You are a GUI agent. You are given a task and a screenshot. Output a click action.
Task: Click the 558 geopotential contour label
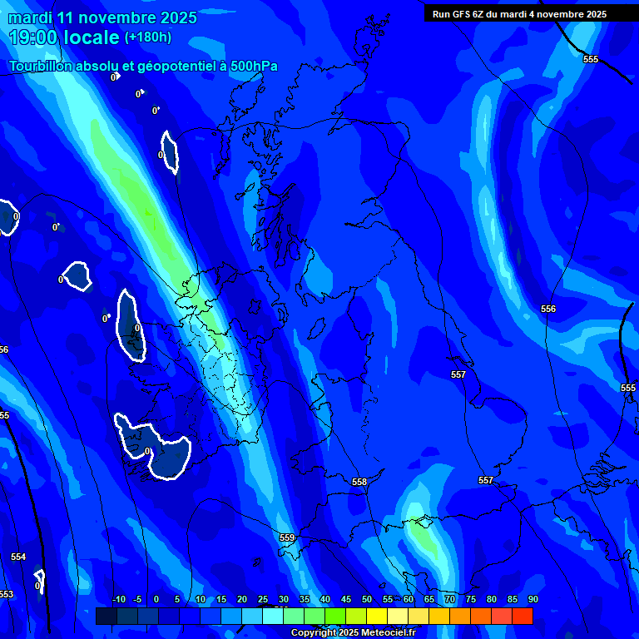[359, 483]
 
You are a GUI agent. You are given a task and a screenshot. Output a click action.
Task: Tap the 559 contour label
[286, 538]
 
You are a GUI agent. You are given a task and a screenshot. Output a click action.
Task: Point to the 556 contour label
[547, 310]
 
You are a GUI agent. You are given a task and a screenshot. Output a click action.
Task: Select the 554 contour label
[18, 557]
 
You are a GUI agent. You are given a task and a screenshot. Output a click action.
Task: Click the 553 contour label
[6, 594]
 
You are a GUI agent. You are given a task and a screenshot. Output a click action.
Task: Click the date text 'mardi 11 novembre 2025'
[102, 17]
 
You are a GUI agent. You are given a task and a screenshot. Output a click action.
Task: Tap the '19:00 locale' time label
[64, 37]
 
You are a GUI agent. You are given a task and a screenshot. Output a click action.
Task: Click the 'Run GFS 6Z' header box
[519, 14]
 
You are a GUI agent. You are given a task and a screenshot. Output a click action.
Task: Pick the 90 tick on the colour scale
[532, 599]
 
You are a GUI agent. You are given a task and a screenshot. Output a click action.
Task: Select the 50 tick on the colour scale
[366, 599]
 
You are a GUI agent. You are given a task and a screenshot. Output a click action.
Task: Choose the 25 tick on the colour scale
[262, 599]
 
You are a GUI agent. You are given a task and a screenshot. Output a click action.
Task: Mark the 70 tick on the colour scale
[449, 599]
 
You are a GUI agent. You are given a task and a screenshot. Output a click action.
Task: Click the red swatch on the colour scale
[522, 616]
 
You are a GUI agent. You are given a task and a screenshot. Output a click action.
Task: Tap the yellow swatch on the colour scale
[376, 616]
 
